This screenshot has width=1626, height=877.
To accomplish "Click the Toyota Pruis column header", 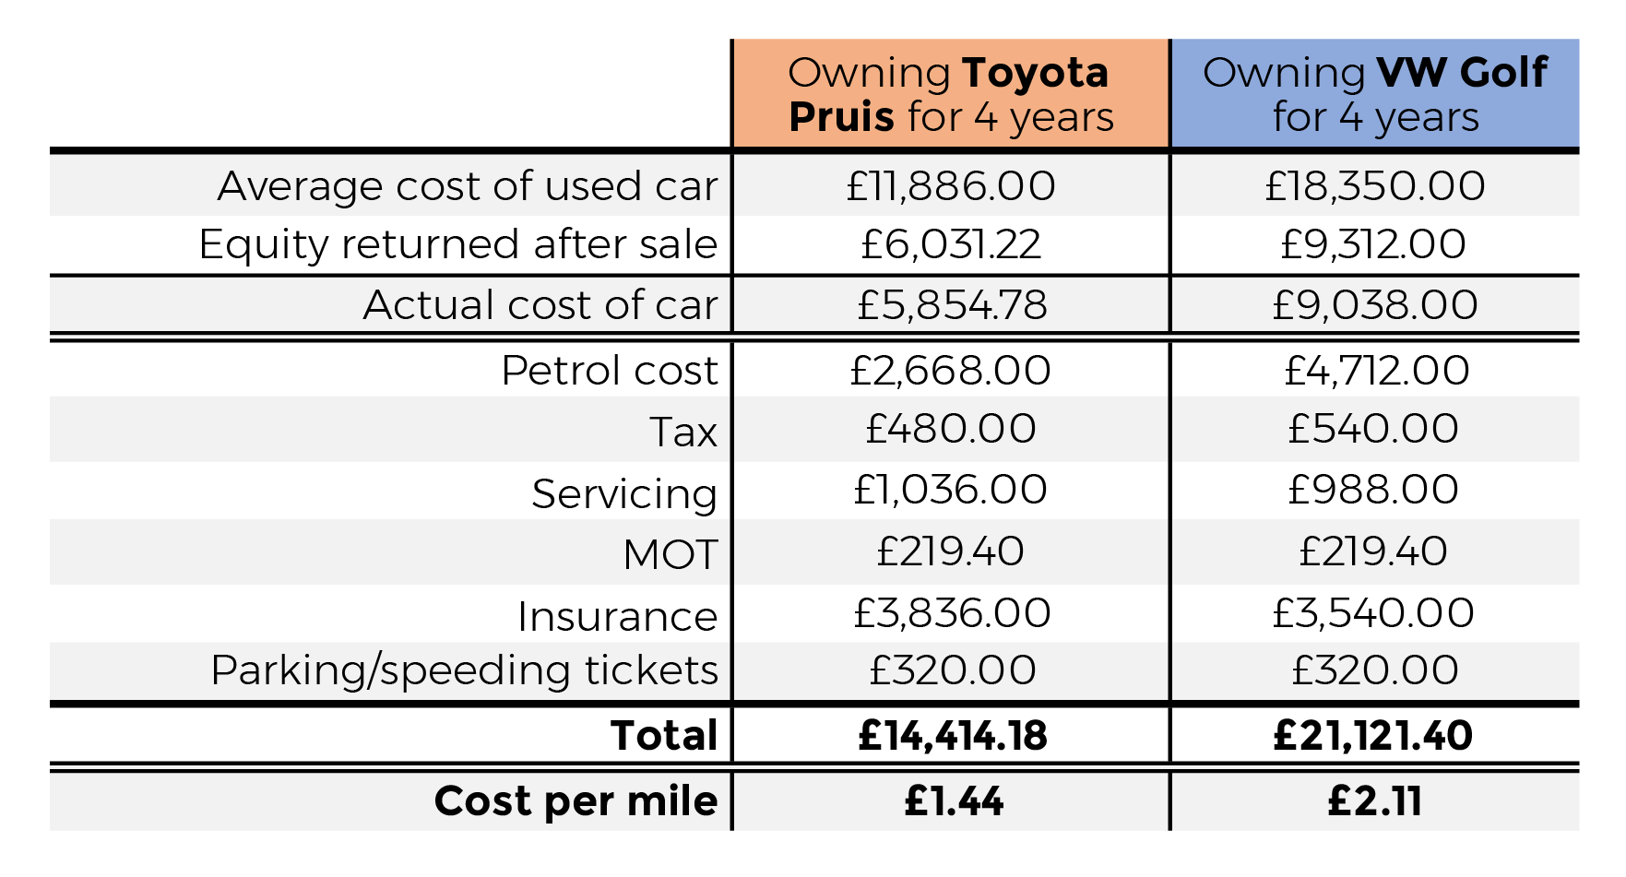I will (x=951, y=94).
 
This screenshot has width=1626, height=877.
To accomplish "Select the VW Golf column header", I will (x=1375, y=94).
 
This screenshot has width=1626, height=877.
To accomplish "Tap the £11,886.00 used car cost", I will (x=951, y=186).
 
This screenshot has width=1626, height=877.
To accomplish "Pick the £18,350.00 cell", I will (x=1375, y=186).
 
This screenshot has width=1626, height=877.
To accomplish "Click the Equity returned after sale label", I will (x=458, y=245).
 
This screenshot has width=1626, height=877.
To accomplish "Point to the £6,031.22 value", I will (x=951, y=245).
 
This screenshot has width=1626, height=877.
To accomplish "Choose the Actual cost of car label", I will (x=540, y=305).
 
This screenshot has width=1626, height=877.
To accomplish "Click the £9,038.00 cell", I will (x=1375, y=305).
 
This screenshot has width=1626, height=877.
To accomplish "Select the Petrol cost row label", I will (x=610, y=371).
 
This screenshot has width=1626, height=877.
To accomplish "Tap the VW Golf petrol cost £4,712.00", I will (x=1376, y=371).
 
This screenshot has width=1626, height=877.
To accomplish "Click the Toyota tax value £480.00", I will (x=951, y=429).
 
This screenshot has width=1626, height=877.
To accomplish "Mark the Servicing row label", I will (x=624, y=494).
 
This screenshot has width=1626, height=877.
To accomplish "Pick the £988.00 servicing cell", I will (x=1373, y=490).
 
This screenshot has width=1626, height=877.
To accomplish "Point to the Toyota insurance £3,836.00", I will (x=952, y=613).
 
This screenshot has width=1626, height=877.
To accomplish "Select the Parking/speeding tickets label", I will (x=464, y=670).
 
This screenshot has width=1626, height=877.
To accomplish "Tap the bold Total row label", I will (x=664, y=736).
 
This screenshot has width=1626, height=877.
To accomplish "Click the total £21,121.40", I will (x=1373, y=736).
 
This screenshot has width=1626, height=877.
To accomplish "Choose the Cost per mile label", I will (x=576, y=801).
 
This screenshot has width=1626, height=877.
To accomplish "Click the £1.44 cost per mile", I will (x=954, y=801).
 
